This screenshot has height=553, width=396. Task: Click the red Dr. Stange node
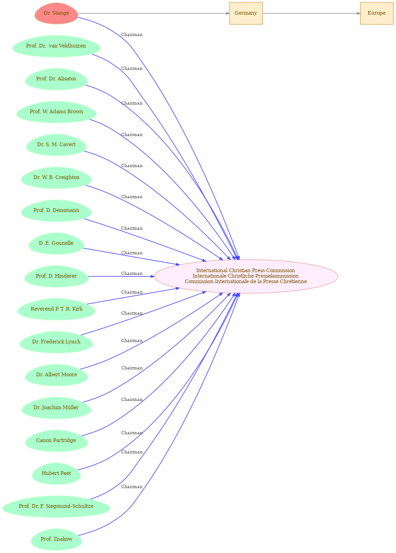(56, 13)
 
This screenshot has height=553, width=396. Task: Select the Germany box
(246, 13)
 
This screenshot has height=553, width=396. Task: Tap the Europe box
(377, 13)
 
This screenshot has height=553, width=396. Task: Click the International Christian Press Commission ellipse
(246, 276)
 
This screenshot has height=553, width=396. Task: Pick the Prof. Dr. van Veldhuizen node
(56, 46)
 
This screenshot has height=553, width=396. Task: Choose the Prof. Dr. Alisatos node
(56, 79)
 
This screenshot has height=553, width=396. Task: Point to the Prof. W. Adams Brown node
(56, 112)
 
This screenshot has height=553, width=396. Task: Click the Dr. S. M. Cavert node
(56, 145)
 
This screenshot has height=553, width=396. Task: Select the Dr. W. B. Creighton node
(56, 178)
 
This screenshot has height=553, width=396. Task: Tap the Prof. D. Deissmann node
(56, 211)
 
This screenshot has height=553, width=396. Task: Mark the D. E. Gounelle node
(56, 243)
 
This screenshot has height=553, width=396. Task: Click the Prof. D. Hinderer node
(56, 276)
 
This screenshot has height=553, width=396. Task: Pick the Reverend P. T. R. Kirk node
(56, 309)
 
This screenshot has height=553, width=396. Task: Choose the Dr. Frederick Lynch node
(56, 342)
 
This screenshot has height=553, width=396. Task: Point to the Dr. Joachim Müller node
(56, 408)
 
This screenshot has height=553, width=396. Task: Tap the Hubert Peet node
(56, 473)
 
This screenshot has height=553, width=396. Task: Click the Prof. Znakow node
(56, 539)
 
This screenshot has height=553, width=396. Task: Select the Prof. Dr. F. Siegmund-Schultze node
(56, 506)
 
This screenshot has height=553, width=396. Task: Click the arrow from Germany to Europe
(311, 13)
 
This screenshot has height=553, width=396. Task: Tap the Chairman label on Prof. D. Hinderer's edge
(132, 273)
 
